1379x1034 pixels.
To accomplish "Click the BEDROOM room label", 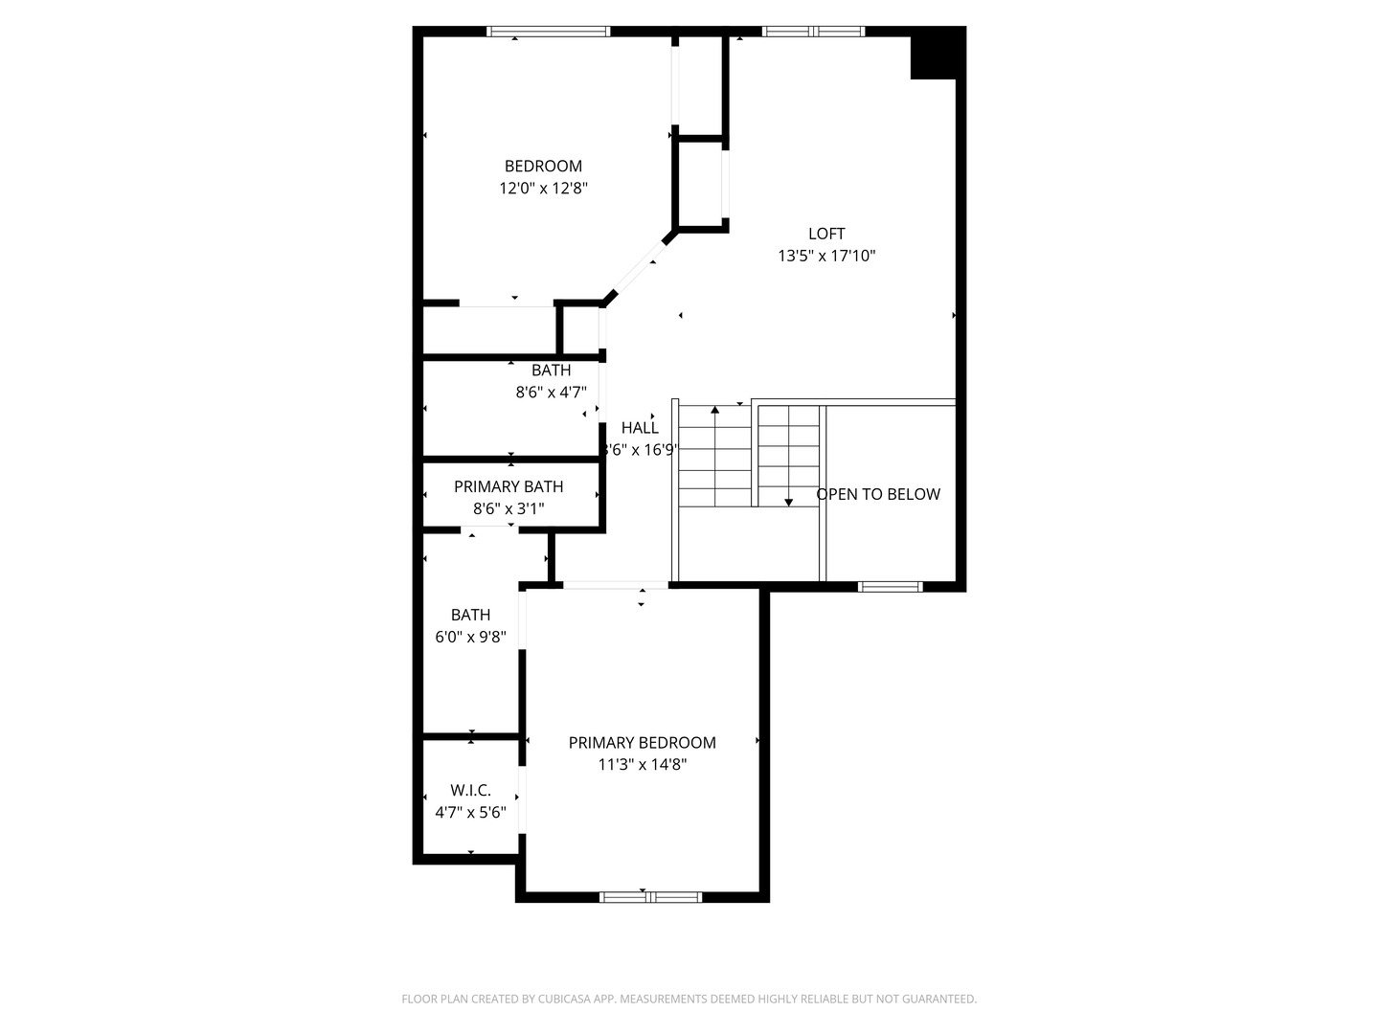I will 543,166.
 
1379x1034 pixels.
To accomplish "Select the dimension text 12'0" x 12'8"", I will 543,189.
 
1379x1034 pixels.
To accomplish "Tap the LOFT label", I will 826,234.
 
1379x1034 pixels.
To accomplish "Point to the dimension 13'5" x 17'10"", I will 826,256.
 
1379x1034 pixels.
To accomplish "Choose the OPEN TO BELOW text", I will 878,494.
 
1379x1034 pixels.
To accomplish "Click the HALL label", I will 640,428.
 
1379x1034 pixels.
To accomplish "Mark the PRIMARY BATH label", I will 509,486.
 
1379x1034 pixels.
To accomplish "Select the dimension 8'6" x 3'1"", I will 509,508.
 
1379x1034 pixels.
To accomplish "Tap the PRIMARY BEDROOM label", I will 642,742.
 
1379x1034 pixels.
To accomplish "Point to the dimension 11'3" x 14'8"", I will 642,764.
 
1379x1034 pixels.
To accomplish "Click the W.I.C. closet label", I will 470,790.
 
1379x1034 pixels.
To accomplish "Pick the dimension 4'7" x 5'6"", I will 470,813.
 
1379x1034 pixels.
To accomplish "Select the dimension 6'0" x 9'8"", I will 470,637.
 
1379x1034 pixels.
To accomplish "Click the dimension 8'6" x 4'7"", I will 551,392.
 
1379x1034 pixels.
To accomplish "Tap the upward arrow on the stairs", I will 714,413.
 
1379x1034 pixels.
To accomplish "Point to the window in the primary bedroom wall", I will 650,897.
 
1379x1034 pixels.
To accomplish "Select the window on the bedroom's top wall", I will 548,32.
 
